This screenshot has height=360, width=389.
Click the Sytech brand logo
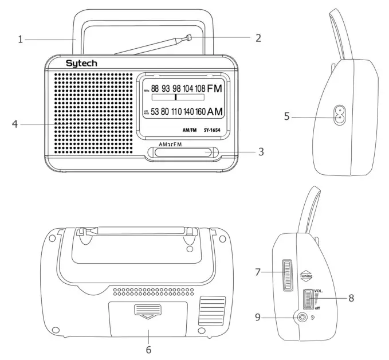pos(81,63)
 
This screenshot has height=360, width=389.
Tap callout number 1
pos(20,40)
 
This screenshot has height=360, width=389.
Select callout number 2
pos(258,38)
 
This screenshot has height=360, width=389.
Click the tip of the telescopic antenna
pos(187,38)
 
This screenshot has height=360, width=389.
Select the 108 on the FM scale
pos(199,88)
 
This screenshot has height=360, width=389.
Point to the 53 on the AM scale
pos(155,111)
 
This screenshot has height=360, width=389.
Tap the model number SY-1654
pos(212,130)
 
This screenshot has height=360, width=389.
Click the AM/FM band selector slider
pos(182,152)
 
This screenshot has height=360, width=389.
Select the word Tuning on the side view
pos(305,276)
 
